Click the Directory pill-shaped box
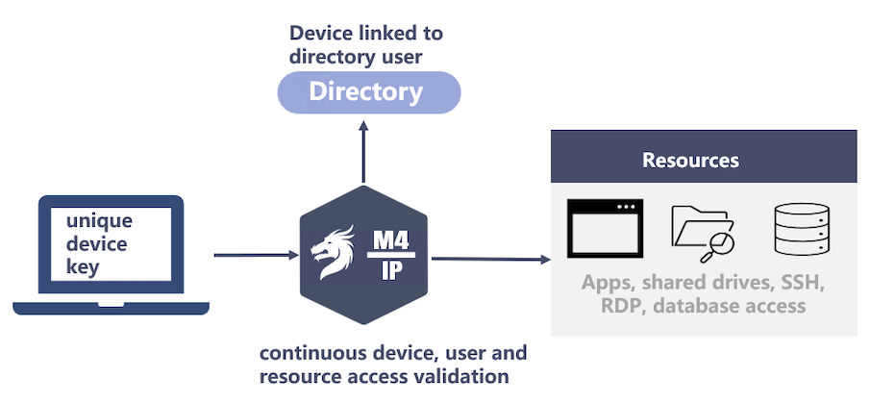pyautogui.click(x=369, y=92)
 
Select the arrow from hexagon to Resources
pyautogui.click(x=490, y=258)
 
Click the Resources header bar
pyautogui.click(x=704, y=159)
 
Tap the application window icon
pyautogui.click(x=605, y=229)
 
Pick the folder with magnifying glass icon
pyautogui.click(x=702, y=232)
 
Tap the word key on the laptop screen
pyautogui.click(x=82, y=266)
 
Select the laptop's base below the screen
pyautogui.click(x=111, y=308)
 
